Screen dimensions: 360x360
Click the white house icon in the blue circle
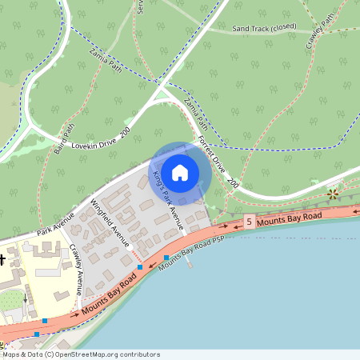point(180,173)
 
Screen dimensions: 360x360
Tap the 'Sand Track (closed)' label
point(264,28)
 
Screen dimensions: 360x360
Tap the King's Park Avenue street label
point(169,200)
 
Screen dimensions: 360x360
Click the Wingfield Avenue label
point(111,223)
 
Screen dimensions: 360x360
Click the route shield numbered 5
point(250,222)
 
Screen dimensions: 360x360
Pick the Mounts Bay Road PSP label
point(189,254)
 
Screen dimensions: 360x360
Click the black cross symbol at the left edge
point(2,259)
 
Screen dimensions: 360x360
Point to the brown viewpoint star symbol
point(333,194)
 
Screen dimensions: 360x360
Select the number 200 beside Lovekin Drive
point(125,130)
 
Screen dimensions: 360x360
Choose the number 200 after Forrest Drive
point(232,184)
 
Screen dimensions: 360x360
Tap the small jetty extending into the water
point(190,262)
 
